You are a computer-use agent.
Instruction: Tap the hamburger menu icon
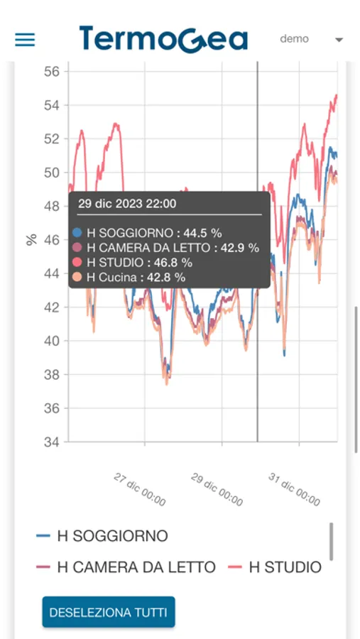pyautogui.click(x=25, y=40)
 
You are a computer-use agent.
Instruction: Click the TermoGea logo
pyautogui.click(x=163, y=39)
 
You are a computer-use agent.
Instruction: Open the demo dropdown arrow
pyautogui.click(x=339, y=40)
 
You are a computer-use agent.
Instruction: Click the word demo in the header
pyautogui.click(x=295, y=39)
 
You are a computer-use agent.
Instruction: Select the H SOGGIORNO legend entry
pyautogui.click(x=102, y=536)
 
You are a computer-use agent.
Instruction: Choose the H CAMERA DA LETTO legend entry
pyautogui.click(x=126, y=567)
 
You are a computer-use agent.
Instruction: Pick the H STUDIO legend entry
pyautogui.click(x=275, y=567)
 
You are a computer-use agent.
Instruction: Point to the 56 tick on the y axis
pyautogui.click(x=52, y=72)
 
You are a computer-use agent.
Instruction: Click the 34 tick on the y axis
pyautogui.click(x=52, y=442)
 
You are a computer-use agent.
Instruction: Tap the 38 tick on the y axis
pyautogui.click(x=52, y=374)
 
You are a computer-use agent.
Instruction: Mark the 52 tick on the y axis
pyautogui.click(x=52, y=139)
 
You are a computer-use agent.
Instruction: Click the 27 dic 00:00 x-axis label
pyautogui.click(x=140, y=489)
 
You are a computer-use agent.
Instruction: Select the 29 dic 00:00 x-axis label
pyautogui.click(x=217, y=489)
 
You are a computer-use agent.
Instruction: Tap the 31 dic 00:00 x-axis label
pyautogui.click(x=294, y=489)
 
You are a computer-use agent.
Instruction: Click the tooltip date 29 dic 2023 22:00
pyautogui.click(x=127, y=204)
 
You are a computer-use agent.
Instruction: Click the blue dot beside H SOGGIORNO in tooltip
pyautogui.click(x=77, y=233)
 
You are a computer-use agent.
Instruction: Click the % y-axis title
pyautogui.click(x=31, y=240)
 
